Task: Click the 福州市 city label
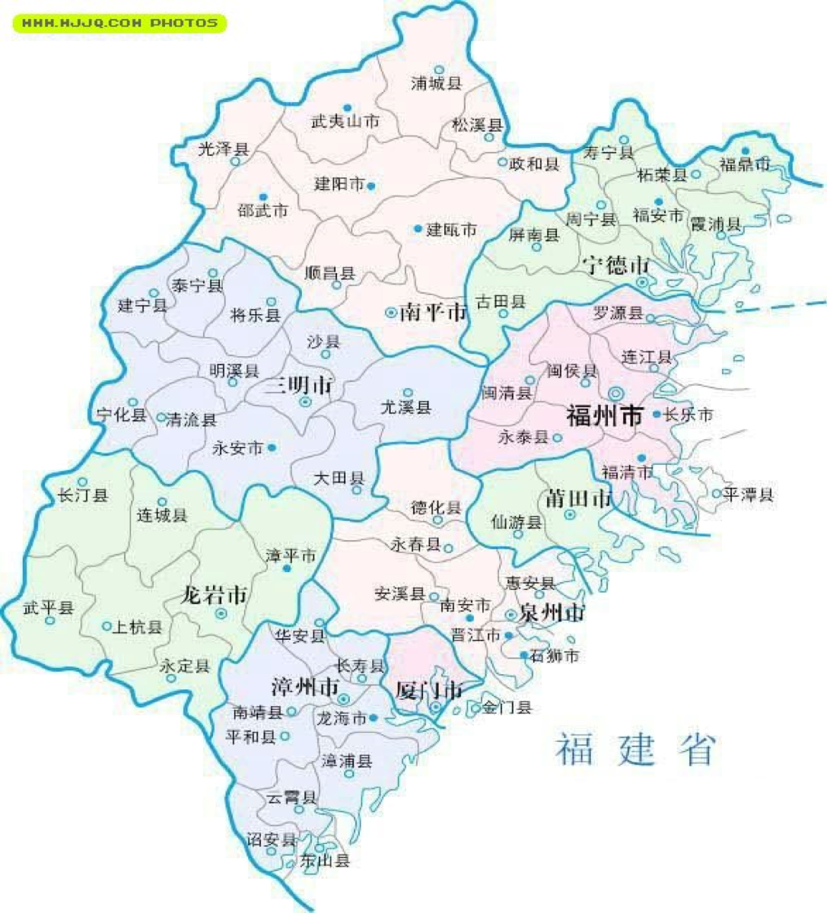click(605, 416)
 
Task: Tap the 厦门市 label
click(429, 690)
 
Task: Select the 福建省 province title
click(636, 749)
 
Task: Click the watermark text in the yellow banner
click(119, 24)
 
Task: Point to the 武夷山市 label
click(345, 121)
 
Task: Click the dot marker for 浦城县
click(439, 69)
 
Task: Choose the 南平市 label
click(432, 312)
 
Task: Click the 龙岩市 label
click(214, 594)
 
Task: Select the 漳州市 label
click(305, 687)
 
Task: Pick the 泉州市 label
click(552, 613)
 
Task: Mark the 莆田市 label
click(578, 498)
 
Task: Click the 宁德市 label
click(616, 266)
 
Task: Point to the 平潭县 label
click(749, 495)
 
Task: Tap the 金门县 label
click(507, 708)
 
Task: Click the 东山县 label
click(325, 861)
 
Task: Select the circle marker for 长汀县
click(82, 482)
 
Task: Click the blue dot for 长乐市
click(657, 415)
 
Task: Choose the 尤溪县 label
click(406, 408)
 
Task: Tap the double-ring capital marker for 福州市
click(615, 393)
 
